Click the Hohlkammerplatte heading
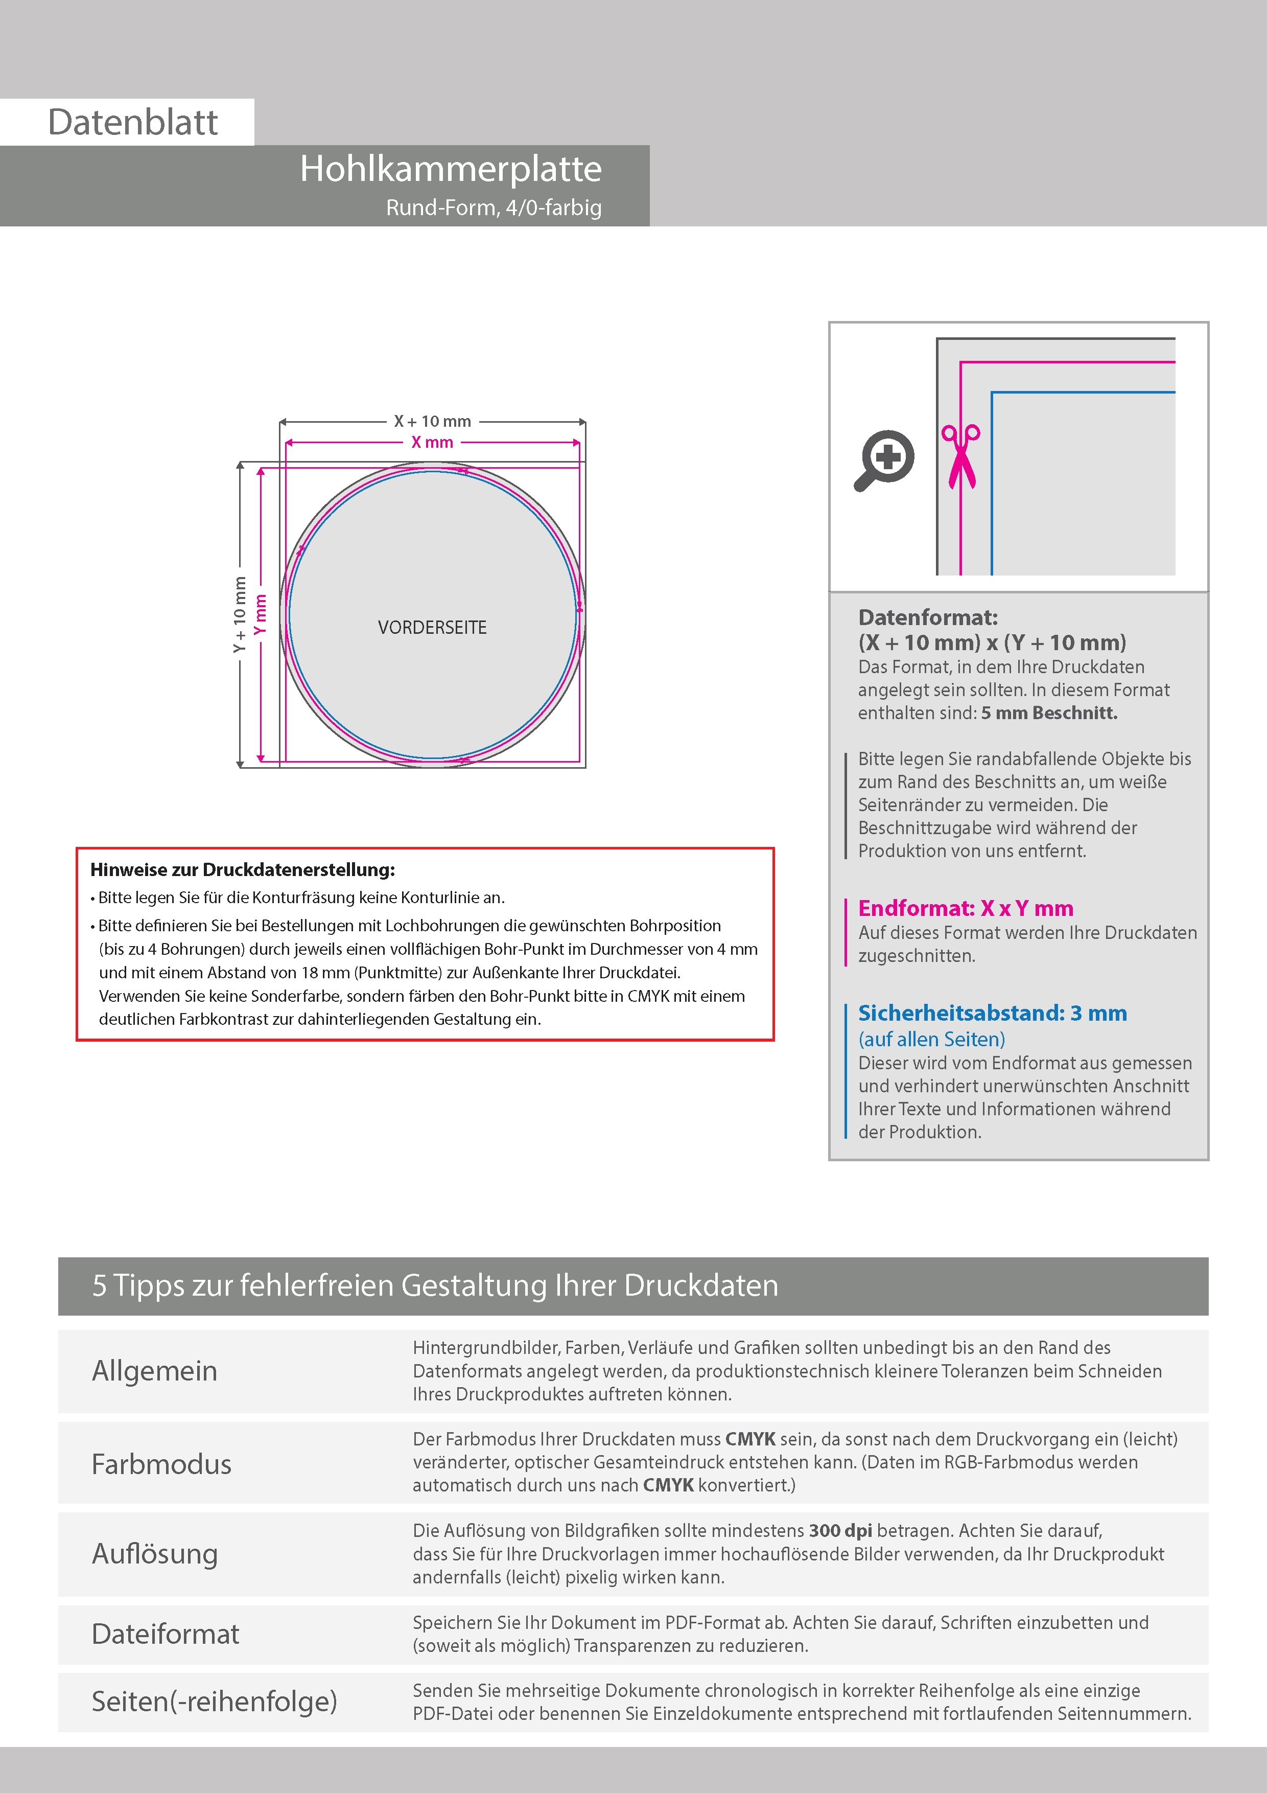451,169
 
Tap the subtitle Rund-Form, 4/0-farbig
494,208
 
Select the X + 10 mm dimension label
433,422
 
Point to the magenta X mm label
433,443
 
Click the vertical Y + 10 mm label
240,614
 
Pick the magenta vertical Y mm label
261,614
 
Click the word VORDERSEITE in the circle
433,628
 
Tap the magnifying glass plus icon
884,459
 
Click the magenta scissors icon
961,456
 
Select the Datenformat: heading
927,618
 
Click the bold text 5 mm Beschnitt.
1049,713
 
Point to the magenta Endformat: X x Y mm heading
966,908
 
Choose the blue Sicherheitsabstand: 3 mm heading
992,1013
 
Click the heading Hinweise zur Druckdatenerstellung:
243,870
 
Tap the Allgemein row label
155,1371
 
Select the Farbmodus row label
161,1464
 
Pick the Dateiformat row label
166,1635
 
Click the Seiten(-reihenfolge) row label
214,1702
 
